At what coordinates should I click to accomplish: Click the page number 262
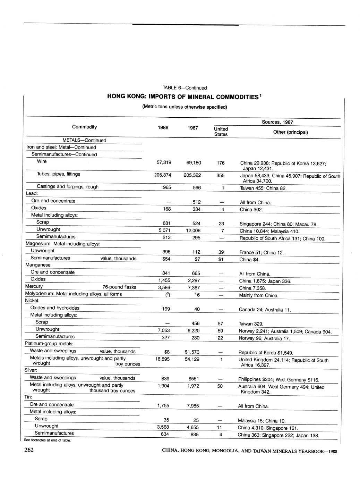coord(29,451)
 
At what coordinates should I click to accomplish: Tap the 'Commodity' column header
coord(84,127)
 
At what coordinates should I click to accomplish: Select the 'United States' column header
coord(221,132)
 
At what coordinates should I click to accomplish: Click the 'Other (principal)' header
coord(290,132)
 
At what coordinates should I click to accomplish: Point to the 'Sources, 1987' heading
coord(277,122)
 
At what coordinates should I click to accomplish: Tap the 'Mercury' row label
coord(34,286)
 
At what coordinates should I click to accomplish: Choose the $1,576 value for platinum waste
coord(192,352)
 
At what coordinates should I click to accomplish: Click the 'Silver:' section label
coord(31,370)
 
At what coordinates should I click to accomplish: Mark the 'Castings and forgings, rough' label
coord(68,187)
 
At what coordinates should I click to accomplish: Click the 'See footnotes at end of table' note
coord(48,440)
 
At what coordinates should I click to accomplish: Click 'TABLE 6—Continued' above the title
coord(185,88)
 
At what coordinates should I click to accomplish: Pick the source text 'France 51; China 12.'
coord(262,253)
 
